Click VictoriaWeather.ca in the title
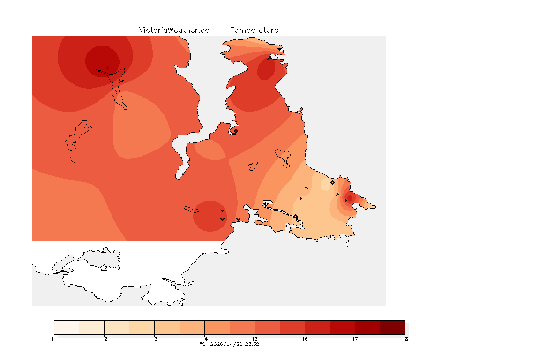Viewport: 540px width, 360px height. [x=174, y=30]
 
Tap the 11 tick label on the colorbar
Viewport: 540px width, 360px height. [x=54, y=339]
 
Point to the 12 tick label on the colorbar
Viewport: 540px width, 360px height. [x=105, y=339]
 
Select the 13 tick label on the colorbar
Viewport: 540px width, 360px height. [x=155, y=339]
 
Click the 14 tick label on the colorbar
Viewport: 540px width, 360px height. [x=205, y=339]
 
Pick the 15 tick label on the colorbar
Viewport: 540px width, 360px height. [x=255, y=339]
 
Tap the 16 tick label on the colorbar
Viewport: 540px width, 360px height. [x=305, y=339]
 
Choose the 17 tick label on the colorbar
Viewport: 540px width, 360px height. [x=355, y=339]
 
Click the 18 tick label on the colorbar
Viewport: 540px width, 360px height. [x=405, y=339]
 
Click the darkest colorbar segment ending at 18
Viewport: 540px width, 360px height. [x=392, y=327]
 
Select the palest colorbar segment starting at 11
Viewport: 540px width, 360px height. [x=67, y=327]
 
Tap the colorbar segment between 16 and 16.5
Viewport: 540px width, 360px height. [x=317, y=327]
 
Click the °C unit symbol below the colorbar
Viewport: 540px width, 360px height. [x=202, y=345]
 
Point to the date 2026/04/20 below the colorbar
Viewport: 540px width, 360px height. [x=227, y=345]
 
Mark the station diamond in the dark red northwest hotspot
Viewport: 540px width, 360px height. [x=108, y=68]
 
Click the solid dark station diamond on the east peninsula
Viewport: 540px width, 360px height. [x=332, y=182]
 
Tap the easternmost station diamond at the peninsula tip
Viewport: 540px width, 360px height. [x=374, y=207]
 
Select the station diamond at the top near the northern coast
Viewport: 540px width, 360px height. [x=270, y=59]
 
